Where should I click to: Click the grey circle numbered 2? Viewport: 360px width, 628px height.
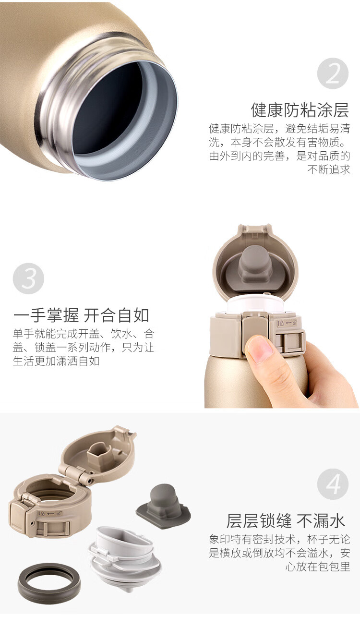(333, 73)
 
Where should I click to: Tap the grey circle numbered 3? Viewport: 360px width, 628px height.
(28, 278)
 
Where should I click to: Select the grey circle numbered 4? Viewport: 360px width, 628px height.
(333, 484)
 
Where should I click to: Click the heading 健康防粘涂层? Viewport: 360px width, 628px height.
(300, 110)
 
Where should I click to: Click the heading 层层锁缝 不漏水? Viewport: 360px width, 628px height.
(286, 521)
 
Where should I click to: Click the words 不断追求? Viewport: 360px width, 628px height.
(329, 169)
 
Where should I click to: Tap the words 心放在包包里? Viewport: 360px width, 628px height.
(318, 567)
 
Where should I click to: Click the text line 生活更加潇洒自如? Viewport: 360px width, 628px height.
(56, 361)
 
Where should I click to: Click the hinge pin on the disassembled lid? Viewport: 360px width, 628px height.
(90, 481)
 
